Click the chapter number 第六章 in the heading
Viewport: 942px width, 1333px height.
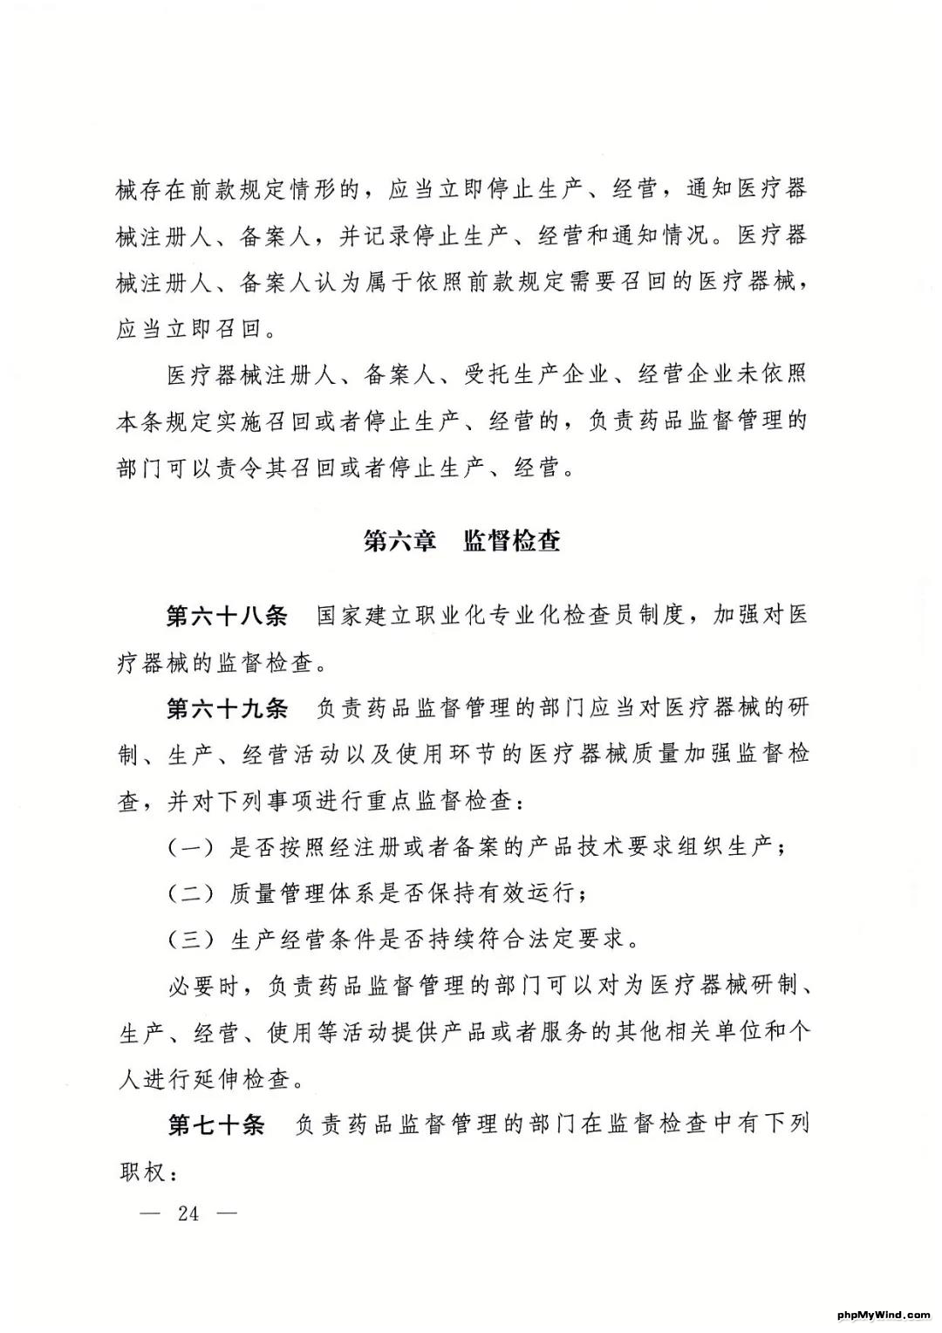coord(399,542)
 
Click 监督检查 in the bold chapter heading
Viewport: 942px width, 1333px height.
coord(512,542)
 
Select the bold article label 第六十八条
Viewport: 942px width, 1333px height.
coord(227,616)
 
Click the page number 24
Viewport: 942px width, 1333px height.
coord(188,1213)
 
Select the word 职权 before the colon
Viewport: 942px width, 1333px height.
coord(141,1172)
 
